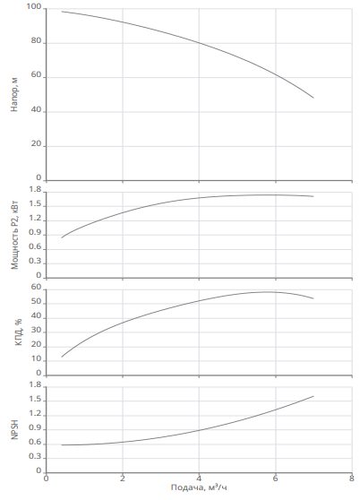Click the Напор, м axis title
(x=14, y=94)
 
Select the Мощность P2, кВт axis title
(x=14, y=235)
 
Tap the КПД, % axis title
(x=19, y=332)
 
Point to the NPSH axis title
(x=14, y=429)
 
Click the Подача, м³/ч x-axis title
(x=199, y=487)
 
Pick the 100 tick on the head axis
(x=34, y=7)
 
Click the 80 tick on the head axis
(x=37, y=41)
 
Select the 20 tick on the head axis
(x=37, y=143)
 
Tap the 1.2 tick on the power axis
(x=35, y=219)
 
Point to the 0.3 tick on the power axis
(x=35, y=261)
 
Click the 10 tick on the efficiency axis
(x=37, y=358)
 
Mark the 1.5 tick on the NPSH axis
(x=35, y=400)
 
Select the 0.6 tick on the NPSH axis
(x=35, y=443)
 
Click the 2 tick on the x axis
(x=123, y=478)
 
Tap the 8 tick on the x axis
(x=352, y=478)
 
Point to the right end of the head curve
(x=313, y=98)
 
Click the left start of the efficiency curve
(x=62, y=357)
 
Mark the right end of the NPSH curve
(x=313, y=396)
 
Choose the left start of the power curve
(x=62, y=237)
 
